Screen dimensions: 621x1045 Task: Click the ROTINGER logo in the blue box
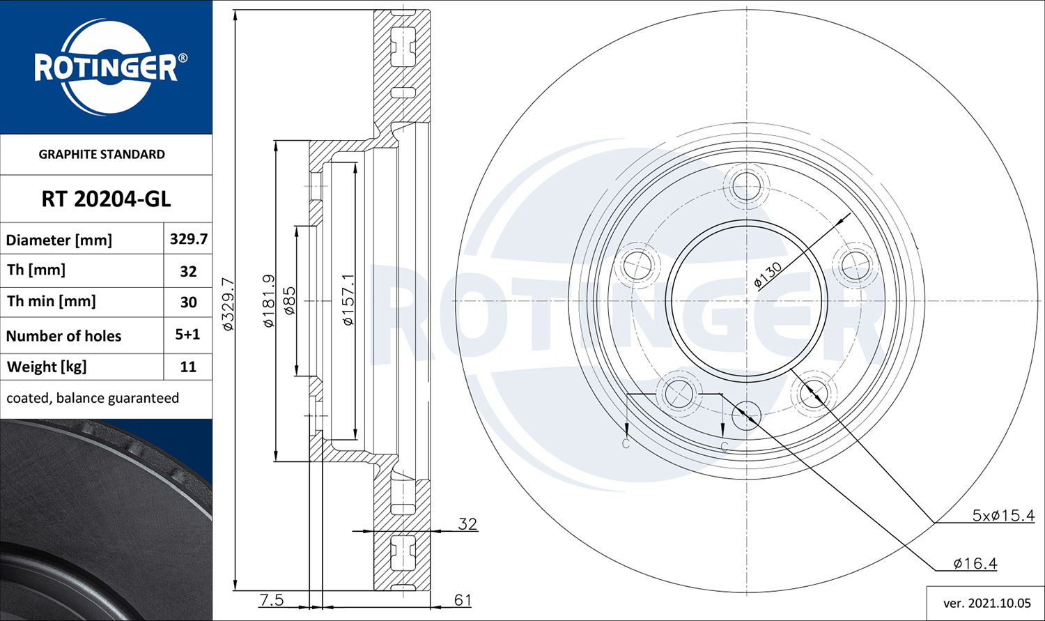click(x=106, y=68)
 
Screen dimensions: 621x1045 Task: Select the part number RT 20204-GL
click(x=106, y=199)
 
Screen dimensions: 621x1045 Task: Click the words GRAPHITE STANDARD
click(x=102, y=154)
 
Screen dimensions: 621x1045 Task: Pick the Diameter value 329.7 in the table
click(x=188, y=239)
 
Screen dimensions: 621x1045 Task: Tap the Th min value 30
click(x=188, y=302)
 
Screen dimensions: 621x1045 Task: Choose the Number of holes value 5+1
click(x=187, y=335)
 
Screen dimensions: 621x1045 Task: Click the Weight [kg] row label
click(x=47, y=367)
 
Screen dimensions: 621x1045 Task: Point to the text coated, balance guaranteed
click(x=93, y=398)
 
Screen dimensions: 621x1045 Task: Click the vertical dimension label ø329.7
click(x=227, y=303)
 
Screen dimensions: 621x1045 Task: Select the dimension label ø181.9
click(x=268, y=301)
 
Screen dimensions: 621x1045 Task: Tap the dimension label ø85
click(x=290, y=300)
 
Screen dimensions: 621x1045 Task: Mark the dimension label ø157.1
click(x=348, y=300)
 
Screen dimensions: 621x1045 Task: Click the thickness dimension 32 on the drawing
click(x=467, y=523)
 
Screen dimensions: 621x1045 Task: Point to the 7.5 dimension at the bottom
click(x=271, y=599)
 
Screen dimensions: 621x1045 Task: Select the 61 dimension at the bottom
click(x=463, y=599)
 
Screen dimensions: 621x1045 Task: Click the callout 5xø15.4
click(x=1003, y=516)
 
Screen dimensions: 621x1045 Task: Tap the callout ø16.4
click(x=975, y=563)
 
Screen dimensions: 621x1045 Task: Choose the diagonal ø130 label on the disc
click(x=768, y=276)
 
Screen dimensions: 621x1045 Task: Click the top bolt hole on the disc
click(x=747, y=186)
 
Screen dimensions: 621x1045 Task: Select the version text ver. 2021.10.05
click(x=985, y=603)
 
